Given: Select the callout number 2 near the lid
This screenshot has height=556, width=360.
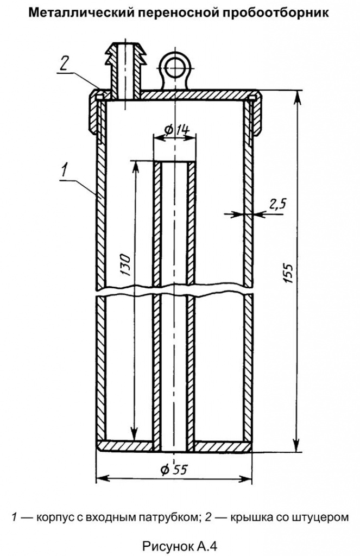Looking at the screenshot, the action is coord(64,65).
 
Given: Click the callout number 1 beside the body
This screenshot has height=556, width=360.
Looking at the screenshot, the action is coord(65,170).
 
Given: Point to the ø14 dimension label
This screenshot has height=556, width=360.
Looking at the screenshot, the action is coord(176,130).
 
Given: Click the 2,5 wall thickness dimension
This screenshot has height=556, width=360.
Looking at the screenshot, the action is coord(277,204).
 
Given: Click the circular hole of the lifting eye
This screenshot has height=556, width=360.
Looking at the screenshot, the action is coord(175,66).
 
